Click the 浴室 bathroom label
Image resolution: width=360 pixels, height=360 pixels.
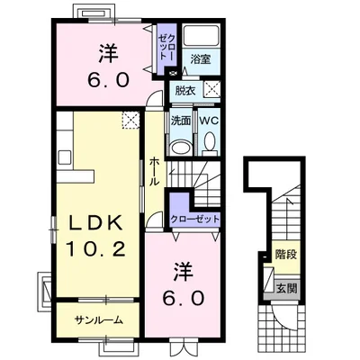(201, 59)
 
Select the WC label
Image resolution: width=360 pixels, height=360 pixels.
(209, 121)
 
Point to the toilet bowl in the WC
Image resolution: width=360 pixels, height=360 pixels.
(209, 141)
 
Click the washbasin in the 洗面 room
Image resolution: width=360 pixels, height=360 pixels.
(181, 148)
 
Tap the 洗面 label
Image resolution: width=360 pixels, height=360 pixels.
(181, 121)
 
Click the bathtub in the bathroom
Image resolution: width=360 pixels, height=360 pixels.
(202, 36)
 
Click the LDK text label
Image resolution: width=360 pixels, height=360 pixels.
(95, 223)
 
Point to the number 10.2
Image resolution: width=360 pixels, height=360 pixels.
(95, 248)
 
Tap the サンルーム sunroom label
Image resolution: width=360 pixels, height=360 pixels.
(99, 320)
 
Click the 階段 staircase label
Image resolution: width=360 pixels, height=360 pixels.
(286, 255)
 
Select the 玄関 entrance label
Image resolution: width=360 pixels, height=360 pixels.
(286, 288)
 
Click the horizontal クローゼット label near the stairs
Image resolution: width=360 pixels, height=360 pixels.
(194, 219)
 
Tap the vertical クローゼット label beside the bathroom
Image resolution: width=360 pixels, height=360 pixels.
(166, 47)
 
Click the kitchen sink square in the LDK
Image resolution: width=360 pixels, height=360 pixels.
(65, 157)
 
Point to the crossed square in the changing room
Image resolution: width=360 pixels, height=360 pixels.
(211, 89)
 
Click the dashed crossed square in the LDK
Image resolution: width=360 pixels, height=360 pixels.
(130, 120)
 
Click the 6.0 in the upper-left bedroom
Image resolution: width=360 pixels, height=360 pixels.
(108, 80)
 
